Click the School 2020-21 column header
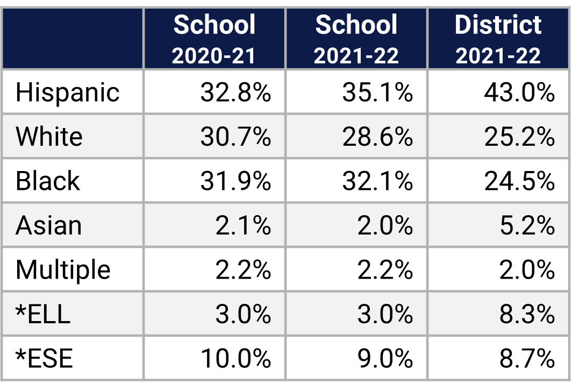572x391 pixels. (215, 39)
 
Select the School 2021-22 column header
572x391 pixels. (356, 39)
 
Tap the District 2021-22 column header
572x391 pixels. (498, 39)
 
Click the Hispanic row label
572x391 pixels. (68, 93)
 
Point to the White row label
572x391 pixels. (49, 137)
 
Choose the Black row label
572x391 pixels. (48, 181)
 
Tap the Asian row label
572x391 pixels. (49, 225)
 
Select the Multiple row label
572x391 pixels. (63, 270)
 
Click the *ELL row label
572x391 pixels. (43, 314)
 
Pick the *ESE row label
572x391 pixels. (44, 358)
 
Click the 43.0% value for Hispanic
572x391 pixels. (519, 93)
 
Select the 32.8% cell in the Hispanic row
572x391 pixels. (235, 93)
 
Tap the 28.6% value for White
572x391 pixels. (377, 137)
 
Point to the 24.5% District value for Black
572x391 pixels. (519, 181)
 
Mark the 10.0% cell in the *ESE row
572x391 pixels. (235, 358)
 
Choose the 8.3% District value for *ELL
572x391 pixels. (526, 314)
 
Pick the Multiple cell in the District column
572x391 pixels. (526, 270)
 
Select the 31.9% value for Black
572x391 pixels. (235, 181)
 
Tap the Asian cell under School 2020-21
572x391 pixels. (243, 225)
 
